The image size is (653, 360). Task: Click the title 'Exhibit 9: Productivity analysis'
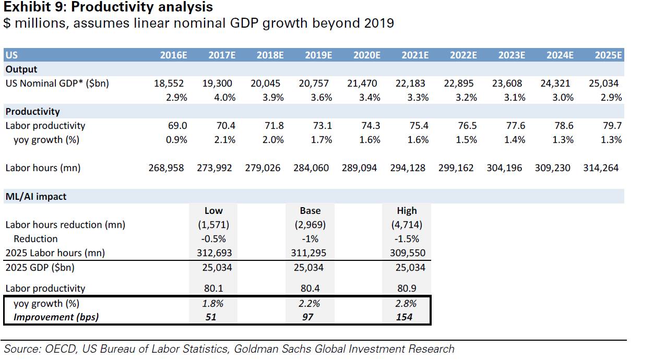pos(109,7)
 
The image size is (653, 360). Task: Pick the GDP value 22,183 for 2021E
pos(411,83)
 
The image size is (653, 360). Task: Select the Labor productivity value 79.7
pos(612,126)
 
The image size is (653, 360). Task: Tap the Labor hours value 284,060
pos(311,168)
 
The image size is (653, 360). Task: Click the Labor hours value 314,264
pos(601,168)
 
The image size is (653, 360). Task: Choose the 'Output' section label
pos(21,69)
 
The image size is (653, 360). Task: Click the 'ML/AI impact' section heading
pos(35,197)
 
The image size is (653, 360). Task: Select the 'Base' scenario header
pos(310,211)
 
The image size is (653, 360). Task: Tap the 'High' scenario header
pos(407,211)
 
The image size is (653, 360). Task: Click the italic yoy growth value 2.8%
pos(407,304)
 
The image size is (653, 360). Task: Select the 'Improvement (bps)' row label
pos(56,317)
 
